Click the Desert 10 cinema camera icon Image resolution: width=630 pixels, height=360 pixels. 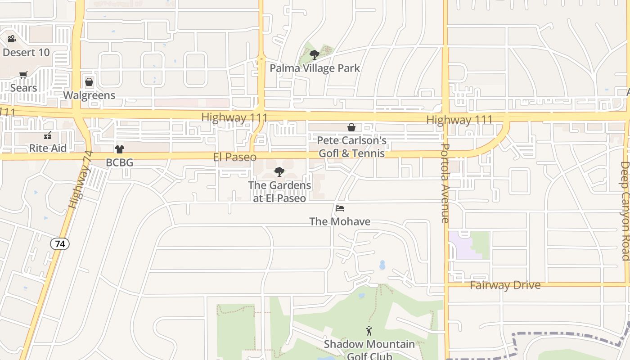pos(12,39)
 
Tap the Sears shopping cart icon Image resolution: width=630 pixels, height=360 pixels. pos(23,75)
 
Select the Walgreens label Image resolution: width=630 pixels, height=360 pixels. pos(89,95)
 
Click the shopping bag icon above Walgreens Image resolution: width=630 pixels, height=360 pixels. pos(89,82)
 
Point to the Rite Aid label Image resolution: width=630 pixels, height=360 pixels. pos(48,148)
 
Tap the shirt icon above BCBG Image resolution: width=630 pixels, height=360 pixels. pos(119,149)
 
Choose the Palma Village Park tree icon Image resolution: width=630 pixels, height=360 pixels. pos(315,55)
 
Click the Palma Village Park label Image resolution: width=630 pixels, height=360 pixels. pos(315,68)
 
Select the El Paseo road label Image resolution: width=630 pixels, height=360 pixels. pos(234,157)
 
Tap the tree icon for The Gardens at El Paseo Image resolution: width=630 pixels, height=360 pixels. pos(279,171)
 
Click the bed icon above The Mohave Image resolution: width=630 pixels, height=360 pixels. pos(340,208)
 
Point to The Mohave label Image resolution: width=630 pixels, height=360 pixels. pos(340,221)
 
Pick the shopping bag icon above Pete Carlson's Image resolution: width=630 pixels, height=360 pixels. pos(351,128)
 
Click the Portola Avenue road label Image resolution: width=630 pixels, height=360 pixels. pos(445,183)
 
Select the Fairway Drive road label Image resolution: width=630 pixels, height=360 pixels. pos(505,285)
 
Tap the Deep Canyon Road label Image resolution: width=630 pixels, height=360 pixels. pos(625,211)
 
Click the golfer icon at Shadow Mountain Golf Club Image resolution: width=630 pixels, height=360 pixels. pos(369,331)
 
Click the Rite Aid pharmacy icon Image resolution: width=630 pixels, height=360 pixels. pos(48,135)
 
